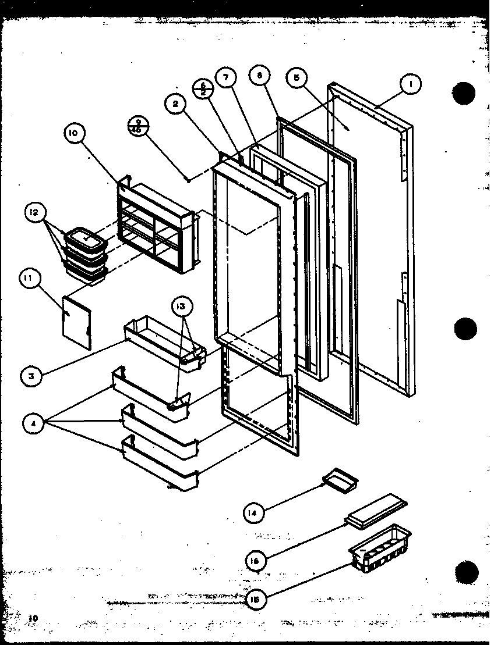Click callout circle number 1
point(411,85)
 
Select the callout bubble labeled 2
point(175,104)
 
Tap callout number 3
point(32,376)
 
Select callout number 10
point(73,134)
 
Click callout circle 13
point(181,306)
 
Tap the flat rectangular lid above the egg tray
point(376,509)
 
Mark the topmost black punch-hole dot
point(465,94)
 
